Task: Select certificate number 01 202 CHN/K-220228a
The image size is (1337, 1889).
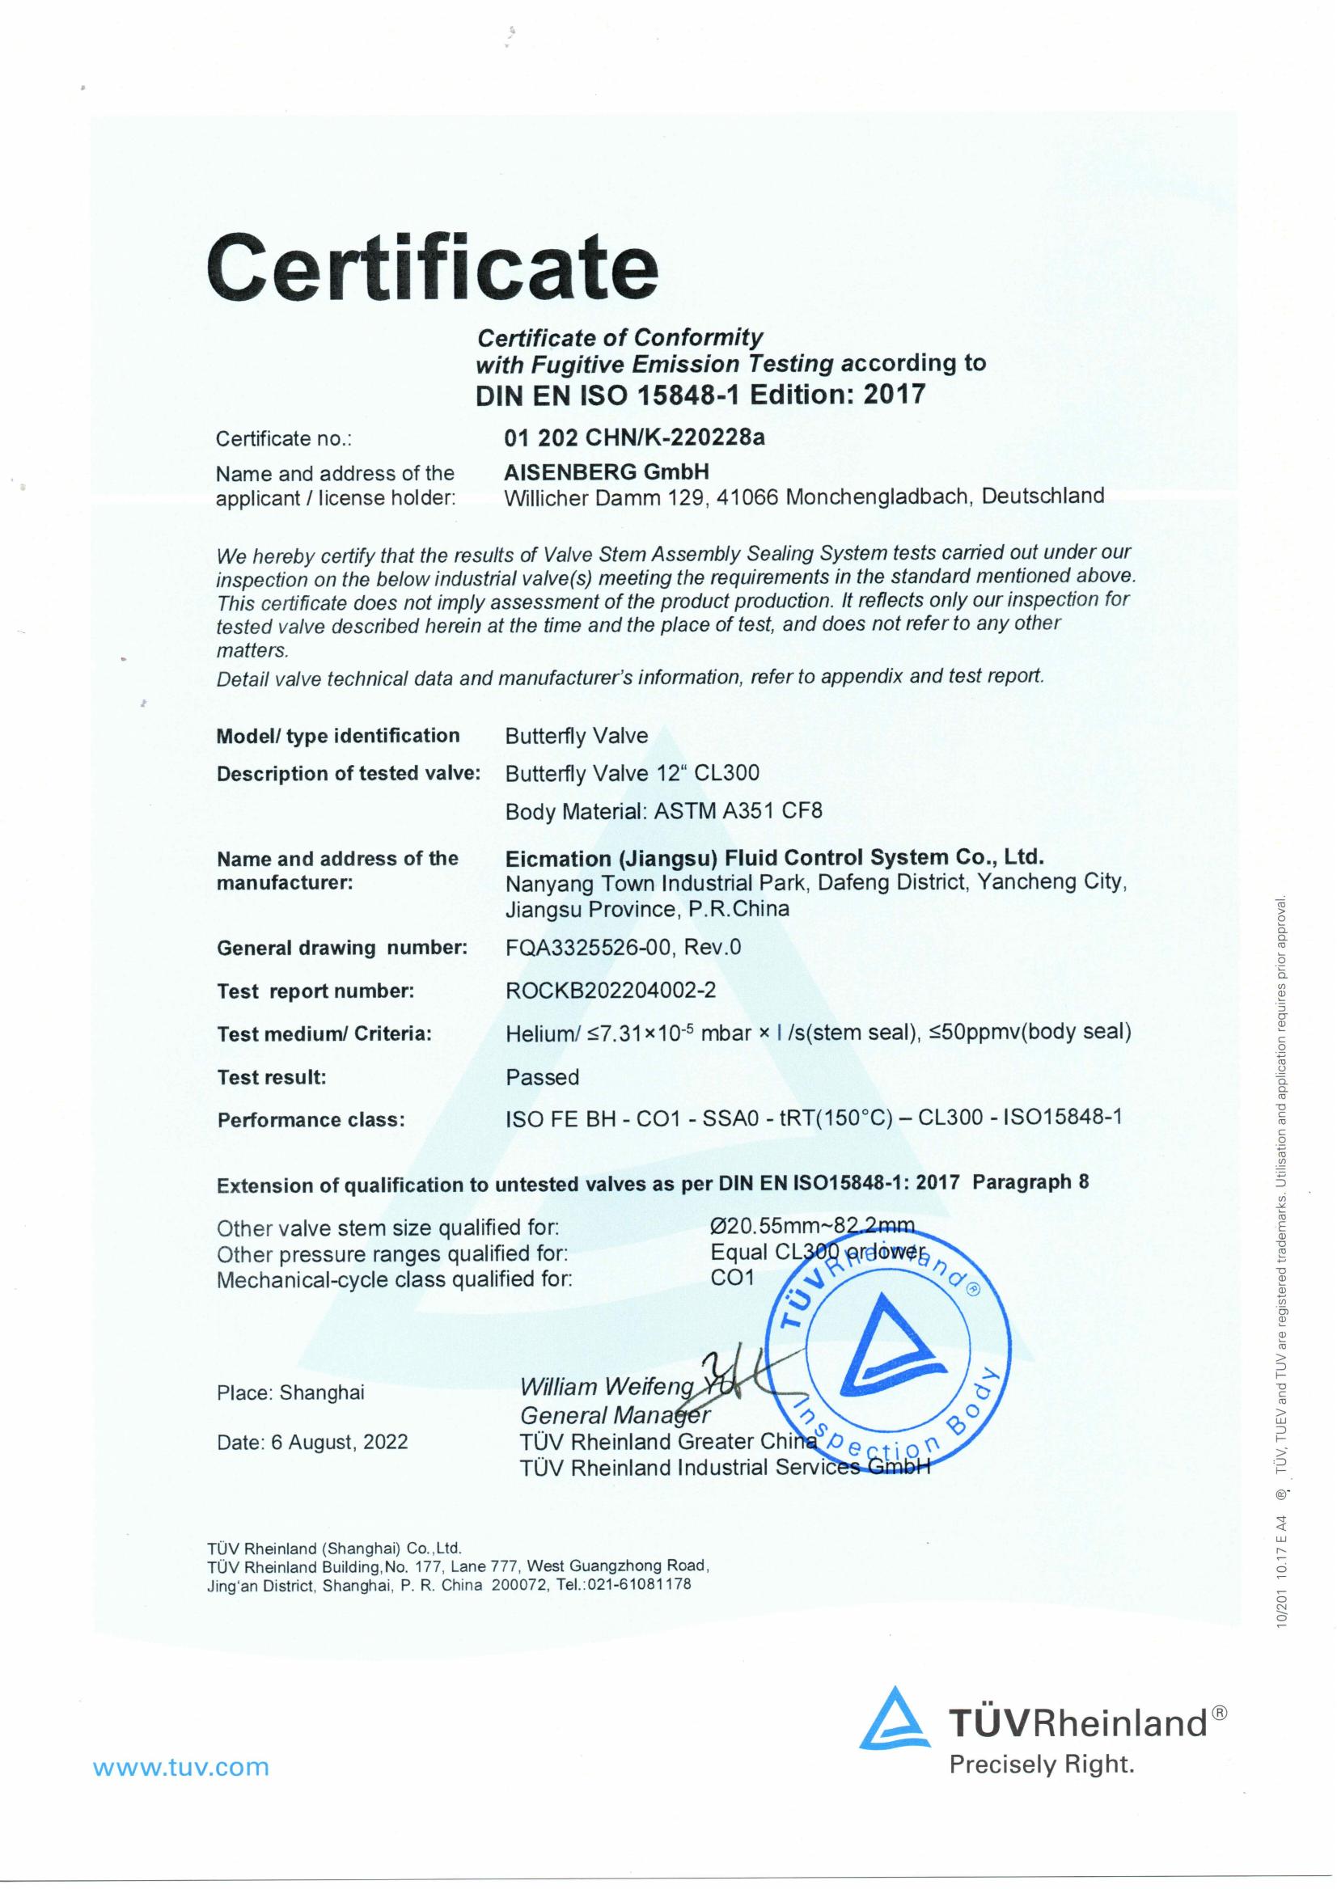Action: point(634,437)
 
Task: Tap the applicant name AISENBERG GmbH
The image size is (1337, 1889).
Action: point(607,471)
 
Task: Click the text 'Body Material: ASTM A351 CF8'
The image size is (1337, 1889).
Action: point(663,812)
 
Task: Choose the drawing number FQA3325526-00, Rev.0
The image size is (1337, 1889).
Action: point(624,948)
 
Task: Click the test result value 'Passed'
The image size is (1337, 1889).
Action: point(543,1077)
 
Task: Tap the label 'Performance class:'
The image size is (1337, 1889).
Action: point(311,1120)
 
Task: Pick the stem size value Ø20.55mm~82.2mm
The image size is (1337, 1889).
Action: point(812,1227)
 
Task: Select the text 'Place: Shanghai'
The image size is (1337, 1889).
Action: point(290,1392)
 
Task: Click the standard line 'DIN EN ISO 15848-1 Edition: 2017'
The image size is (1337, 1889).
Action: point(700,395)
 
